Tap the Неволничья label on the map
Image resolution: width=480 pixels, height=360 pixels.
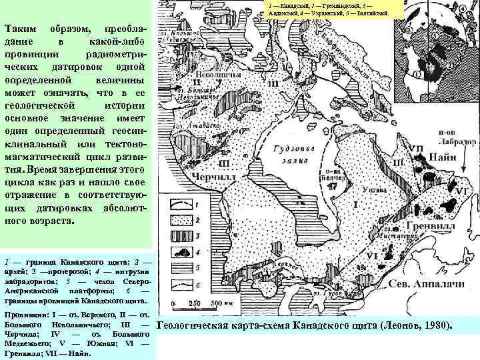click(x=213, y=77)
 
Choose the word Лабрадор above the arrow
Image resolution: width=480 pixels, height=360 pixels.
click(x=456, y=143)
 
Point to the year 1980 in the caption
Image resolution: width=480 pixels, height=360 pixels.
click(x=438, y=325)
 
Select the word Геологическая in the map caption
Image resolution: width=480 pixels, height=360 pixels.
click(x=199, y=325)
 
